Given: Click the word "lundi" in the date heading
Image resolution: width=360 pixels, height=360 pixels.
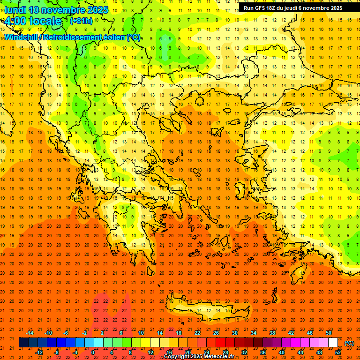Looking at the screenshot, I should tap(16, 10).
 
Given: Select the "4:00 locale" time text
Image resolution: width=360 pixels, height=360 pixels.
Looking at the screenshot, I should tap(33, 21).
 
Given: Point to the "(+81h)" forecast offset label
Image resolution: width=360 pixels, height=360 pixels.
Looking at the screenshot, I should tap(81, 21).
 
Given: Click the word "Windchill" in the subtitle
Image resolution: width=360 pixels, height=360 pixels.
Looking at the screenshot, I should tap(22, 37).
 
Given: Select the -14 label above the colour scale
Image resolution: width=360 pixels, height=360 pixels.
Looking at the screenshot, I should tap(30, 333).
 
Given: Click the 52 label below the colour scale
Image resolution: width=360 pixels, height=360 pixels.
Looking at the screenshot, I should tap(338, 352).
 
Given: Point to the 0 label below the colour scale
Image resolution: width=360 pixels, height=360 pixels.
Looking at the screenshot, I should tap(93, 352).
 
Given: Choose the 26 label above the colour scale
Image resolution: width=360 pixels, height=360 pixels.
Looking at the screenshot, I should tap(216, 333).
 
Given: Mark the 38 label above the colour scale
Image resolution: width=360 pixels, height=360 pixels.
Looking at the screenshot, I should tap(272, 333).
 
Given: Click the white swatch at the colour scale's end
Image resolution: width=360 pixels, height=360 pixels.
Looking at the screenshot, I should tap(333, 343).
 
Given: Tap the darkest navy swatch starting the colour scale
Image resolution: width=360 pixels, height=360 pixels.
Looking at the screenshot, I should tap(23, 343).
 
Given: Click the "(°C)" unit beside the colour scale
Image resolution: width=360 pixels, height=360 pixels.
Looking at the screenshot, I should tap(349, 343).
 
